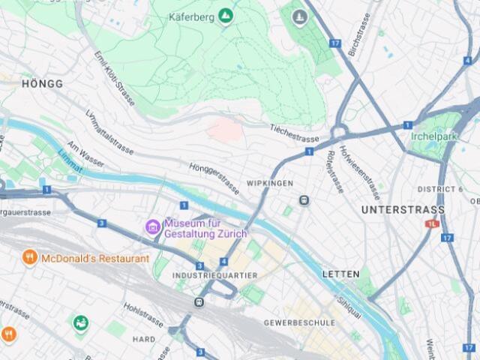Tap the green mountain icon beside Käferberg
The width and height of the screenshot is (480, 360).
[x=226, y=16]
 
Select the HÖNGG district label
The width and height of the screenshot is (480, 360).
[x=42, y=84]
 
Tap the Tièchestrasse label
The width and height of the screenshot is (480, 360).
[x=295, y=133]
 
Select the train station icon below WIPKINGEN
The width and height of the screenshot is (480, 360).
[x=304, y=200]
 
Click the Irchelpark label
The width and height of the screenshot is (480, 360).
[x=433, y=136]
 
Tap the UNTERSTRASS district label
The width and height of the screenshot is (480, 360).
[x=403, y=210]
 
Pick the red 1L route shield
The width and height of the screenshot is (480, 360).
[x=432, y=223]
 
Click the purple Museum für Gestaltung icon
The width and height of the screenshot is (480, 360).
[x=153, y=226]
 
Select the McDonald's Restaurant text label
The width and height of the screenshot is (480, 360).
[x=94, y=259]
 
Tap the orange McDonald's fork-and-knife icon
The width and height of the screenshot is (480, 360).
[x=30, y=258]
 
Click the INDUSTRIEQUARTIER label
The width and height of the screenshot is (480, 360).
[x=214, y=276]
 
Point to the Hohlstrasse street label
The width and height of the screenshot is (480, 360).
[x=143, y=314]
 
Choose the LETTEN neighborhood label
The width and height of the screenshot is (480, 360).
[x=340, y=274]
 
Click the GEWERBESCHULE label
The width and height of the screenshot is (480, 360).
[x=299, y=322]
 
